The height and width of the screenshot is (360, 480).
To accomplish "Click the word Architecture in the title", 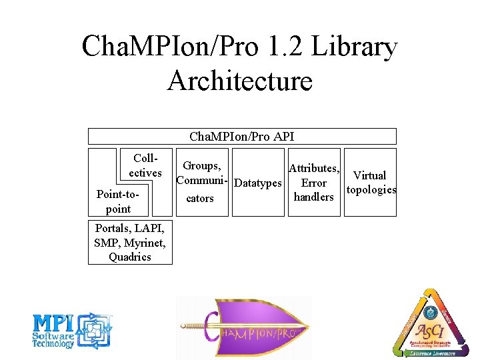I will (x=240, y=81).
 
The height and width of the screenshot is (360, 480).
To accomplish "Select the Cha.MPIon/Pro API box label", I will (x=241, y=137).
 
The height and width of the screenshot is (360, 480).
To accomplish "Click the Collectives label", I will (x=145, y=166).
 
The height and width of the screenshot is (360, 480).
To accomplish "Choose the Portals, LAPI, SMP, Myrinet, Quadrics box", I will (x=130, y=241).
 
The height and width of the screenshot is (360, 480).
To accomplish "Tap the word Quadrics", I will (x=130, y=257).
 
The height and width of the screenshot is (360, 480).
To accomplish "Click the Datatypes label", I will (x=259, y=183).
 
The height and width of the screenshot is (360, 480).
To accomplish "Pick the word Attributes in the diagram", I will (x=313, y=169).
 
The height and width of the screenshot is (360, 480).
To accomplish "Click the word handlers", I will (x=313, y=197).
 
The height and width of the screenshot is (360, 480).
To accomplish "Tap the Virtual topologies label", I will (x=370, y=183).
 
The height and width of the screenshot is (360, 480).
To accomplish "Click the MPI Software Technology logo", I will (x=72, y=331).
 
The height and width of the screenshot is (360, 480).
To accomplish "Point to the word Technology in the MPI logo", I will (x=53, y=344).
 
